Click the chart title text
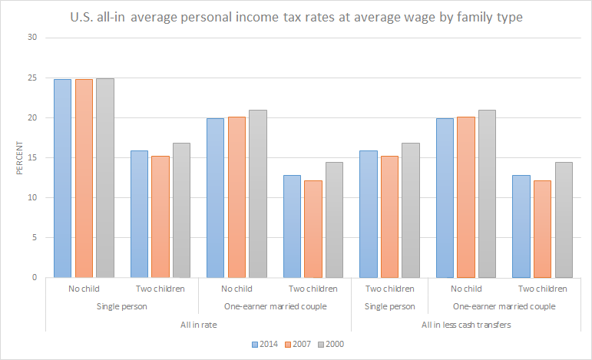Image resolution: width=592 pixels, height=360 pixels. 296,17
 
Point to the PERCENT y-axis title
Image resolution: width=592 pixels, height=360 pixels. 19,157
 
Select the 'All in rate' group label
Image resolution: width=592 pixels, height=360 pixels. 198,325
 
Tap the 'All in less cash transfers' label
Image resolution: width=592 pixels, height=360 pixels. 465,325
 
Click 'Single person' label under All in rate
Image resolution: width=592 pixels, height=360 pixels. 122,307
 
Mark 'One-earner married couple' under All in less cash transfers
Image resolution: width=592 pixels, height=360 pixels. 504,307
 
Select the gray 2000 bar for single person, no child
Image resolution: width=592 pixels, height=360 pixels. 104,177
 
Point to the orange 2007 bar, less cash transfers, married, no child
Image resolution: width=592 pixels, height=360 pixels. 465,197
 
